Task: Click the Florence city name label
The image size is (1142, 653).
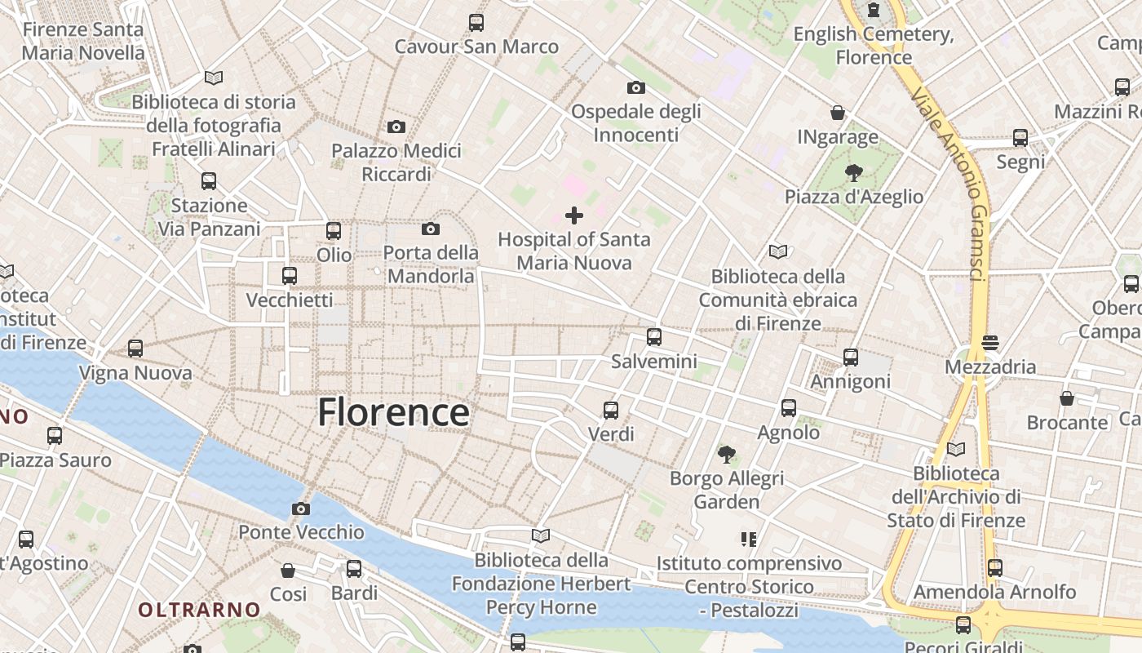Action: [393, 412]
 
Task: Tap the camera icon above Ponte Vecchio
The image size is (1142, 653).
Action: [300, 509]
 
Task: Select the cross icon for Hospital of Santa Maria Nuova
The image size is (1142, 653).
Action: [574, 215]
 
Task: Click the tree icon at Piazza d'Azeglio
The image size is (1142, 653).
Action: [854, 172]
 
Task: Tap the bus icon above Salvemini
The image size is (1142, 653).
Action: [653, 337]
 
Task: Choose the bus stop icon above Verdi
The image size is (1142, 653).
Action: [611, 411]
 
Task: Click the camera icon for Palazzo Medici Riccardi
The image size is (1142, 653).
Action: [396, 127]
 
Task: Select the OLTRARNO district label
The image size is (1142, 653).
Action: [199, 610]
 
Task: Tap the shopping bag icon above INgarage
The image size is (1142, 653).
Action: [838, 113]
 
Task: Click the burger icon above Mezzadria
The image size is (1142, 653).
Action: [990, 343]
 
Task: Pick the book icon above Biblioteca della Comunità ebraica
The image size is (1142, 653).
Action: [778, 252]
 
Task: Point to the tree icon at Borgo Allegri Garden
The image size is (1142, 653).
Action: [726, 455]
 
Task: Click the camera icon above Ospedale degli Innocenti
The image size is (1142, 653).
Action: [636, 87]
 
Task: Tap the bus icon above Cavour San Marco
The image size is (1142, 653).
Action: [476, 23]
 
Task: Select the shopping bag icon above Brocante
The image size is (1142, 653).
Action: [1067, 398]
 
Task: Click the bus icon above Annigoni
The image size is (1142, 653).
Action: [851, 358]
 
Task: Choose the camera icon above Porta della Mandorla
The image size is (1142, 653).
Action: [431, 229]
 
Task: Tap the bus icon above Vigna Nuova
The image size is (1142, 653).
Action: [135, 349]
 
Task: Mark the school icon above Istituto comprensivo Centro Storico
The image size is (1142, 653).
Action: [749, 540]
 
